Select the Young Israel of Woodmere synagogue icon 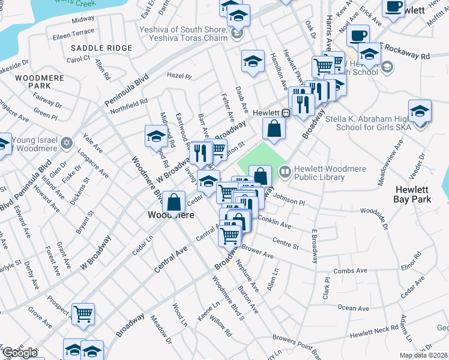click(x=67, y=143)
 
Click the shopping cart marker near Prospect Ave click(x=83, y=313)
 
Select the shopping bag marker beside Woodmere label click(x=173, y=202)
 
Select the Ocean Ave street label click(x=353, y=308)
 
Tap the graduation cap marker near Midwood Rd click(x=156, y=136)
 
